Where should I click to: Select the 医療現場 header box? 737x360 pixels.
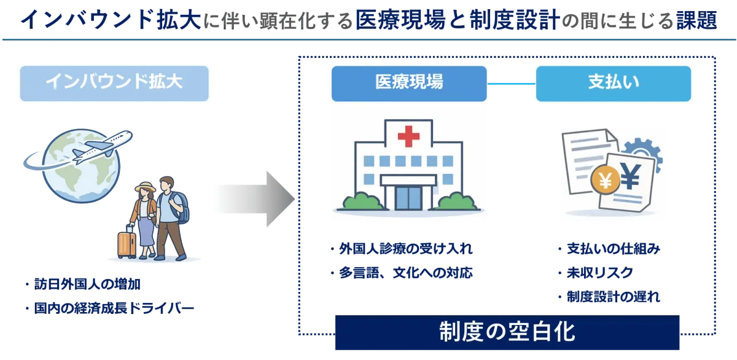tap(409, 83)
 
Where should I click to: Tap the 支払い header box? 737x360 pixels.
tap(613, 83)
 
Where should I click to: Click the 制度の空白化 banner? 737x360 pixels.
tap(507, 332)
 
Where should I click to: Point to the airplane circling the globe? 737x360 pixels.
tap(101, 147)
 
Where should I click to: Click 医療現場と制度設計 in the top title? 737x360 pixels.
tap(457, 20)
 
